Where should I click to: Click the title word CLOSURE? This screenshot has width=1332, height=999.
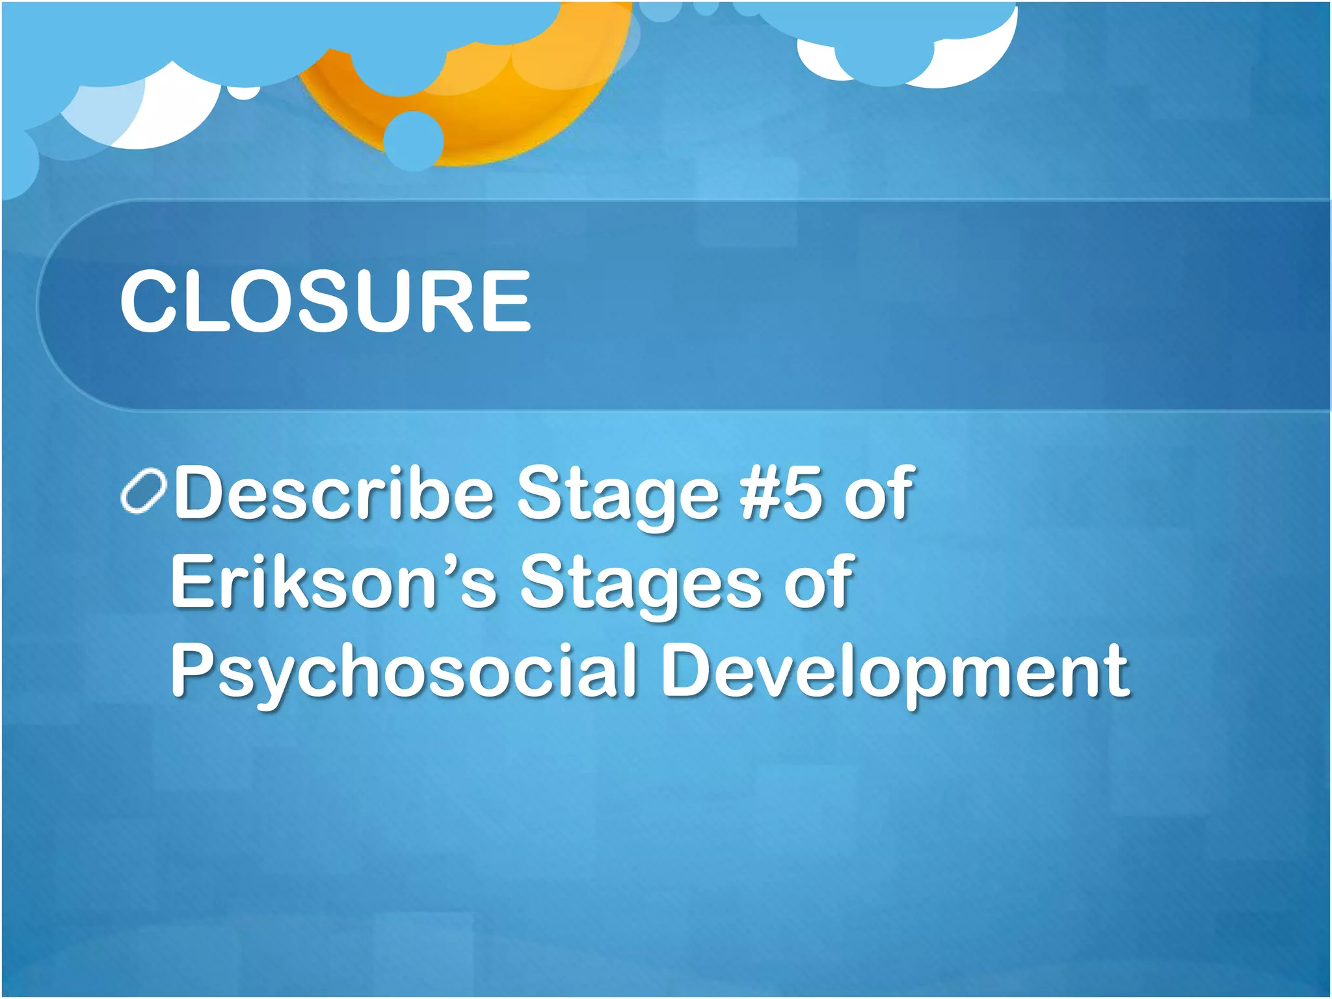(325, 301)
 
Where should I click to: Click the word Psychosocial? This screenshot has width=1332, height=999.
(403, 671)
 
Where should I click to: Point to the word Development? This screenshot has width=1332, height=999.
(895, 671)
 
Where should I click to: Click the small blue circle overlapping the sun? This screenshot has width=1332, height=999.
(413, 140)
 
